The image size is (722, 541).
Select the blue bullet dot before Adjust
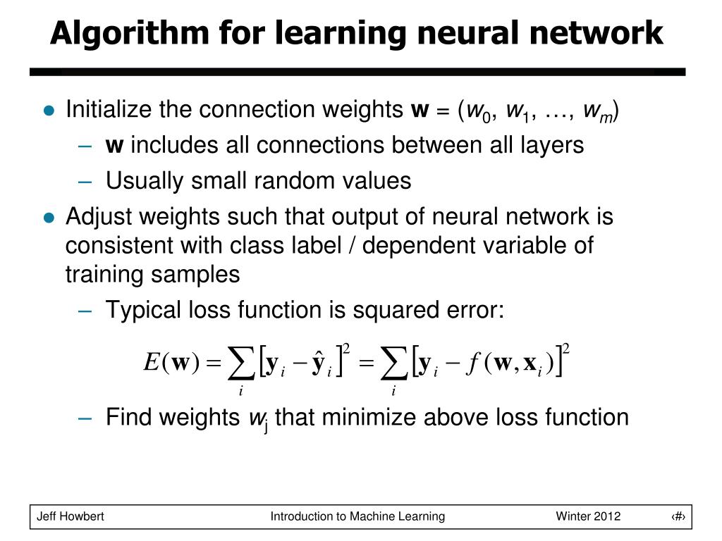(x=49, y=218)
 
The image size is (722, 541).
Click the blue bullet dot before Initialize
(x=49, y=111)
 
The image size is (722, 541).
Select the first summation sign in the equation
(x=241, y=365)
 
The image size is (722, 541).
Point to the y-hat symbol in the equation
(x=318, y=363)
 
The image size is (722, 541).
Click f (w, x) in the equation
(x=506, y=363)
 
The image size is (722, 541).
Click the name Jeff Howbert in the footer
(x=71, y=516)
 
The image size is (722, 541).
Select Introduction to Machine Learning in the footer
(x=357, y=516)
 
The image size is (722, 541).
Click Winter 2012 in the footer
(x=588, y=516)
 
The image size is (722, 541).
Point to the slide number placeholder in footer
(x=678, y=516)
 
